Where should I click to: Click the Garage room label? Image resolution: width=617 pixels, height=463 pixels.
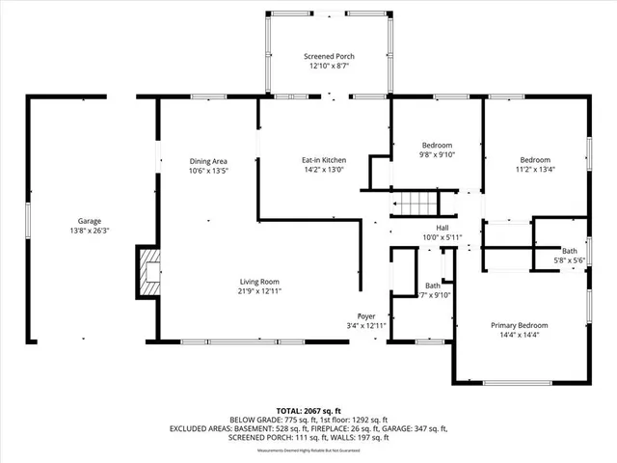[x=90, y=221]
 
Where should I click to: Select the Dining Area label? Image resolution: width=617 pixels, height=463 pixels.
[x=207, y=160]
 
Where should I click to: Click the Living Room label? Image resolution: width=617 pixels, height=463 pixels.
[x=258, y=282]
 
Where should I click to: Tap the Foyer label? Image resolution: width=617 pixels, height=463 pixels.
[x=366, y=316]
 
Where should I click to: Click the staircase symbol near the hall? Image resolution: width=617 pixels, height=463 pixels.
[x=414, y=204]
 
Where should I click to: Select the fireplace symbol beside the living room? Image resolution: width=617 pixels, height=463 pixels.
[x=148, y=275]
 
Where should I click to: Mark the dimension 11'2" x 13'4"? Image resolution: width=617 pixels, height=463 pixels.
[x=535, y=170]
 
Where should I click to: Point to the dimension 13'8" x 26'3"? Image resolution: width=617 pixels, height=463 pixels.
[x=90, y=231]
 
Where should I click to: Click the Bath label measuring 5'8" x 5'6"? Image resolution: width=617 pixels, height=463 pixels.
[x=569, y=251]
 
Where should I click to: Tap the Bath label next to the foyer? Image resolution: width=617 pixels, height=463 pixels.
[x=433, y=286]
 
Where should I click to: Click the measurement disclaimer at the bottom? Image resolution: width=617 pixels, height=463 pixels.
[x=308, y=450]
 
